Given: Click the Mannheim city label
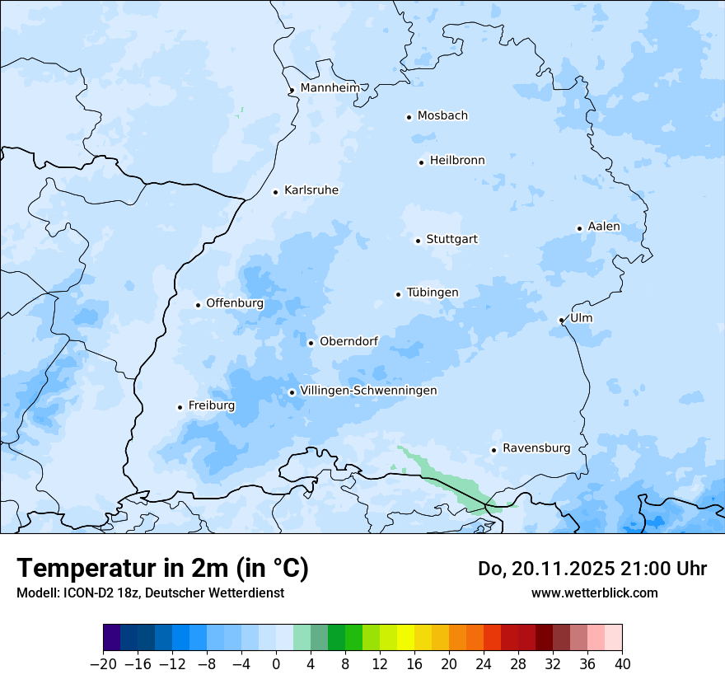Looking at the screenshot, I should point(330,88).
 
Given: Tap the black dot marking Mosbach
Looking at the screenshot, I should point(409,117).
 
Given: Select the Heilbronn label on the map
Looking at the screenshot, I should point(457,161).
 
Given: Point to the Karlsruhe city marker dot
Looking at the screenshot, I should point(276,192).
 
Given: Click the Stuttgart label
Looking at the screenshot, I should point(451,240).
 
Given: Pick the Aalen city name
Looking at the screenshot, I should point(604,227).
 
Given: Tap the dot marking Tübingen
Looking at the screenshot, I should point(399,294).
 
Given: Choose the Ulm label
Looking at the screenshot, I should point(581,318).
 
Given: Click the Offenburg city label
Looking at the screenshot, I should point(235,303).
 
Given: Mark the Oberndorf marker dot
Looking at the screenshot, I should point(311,343).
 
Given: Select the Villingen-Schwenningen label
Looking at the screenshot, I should point(368,391).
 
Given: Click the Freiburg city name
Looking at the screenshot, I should point(212,405).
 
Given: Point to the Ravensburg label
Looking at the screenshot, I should point(536,448).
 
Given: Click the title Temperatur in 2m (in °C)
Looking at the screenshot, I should point(162,568).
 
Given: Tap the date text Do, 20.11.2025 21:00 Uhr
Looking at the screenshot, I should point(592,569).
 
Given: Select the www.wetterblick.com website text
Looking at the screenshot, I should point(594,593).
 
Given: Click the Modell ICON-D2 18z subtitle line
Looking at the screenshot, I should point(150,593).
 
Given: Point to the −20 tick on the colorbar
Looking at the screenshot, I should point(104,663).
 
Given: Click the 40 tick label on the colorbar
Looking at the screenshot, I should point(622,663).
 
